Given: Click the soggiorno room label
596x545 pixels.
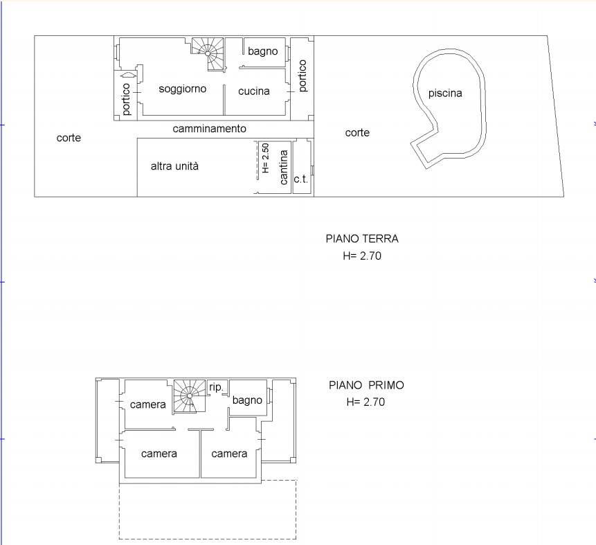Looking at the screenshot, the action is (183, 89).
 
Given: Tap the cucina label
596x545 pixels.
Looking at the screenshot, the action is (254, 91).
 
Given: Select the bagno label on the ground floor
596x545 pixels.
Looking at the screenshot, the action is (262, 51).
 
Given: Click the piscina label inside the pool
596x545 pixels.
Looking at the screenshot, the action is (445, 93).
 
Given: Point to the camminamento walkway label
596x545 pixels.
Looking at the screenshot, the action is (210, 129).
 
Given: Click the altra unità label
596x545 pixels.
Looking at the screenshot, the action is (174, 166).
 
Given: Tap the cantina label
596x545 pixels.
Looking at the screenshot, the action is (284, 168).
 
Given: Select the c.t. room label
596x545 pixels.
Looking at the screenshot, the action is (300, 179).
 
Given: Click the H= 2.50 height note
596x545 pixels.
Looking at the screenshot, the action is (265, 158).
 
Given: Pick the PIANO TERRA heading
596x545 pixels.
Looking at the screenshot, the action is (362, 239).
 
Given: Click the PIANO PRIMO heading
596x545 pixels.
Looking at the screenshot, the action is (366, 385).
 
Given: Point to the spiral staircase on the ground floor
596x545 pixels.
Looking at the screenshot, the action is (208, 54).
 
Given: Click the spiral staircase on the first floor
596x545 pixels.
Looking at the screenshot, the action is (190, 395).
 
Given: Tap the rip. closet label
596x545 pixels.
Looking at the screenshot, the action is (216, 387).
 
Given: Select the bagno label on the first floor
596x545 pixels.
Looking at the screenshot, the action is (247, 400).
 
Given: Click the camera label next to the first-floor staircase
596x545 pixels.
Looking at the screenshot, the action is (148, 404).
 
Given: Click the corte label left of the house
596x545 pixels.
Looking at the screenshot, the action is (69, 138).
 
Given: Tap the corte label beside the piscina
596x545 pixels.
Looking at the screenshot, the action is (357, 133).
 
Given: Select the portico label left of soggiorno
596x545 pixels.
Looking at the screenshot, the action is (126, 100).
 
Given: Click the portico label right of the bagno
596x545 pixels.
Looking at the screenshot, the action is (302, 75).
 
